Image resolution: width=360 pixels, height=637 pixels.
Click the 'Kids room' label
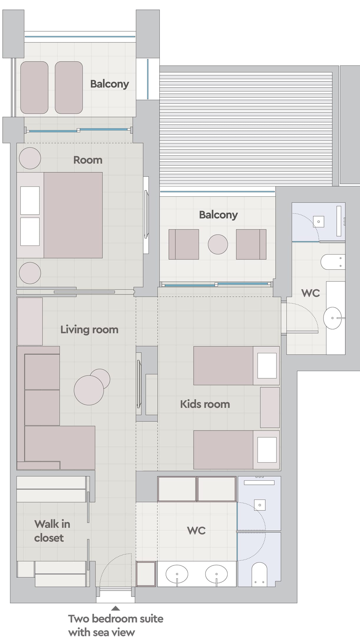tap(205, 404)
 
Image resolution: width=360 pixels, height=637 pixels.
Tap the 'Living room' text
tap(89, 329)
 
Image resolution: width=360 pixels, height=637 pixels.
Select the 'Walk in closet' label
tap(52, 531)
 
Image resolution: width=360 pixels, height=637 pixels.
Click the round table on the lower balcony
tap(218, 244)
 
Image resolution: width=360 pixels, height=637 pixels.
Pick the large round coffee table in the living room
tap(89, 390)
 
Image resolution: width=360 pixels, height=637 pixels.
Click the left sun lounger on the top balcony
tap(34, 87)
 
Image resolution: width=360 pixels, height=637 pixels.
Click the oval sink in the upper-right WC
tap(333, 318)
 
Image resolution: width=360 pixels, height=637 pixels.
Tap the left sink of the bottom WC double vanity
tap(177, 574)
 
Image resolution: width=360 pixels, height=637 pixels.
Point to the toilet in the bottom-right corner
tap(259, 574)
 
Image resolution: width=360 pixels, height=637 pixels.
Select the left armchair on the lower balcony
tap(184, 244)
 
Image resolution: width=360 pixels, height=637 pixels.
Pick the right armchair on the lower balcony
tap(251, 244)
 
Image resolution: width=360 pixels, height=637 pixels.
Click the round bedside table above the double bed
tap(30, 158)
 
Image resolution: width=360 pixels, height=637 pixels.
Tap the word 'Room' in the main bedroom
tap(88, 160)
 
